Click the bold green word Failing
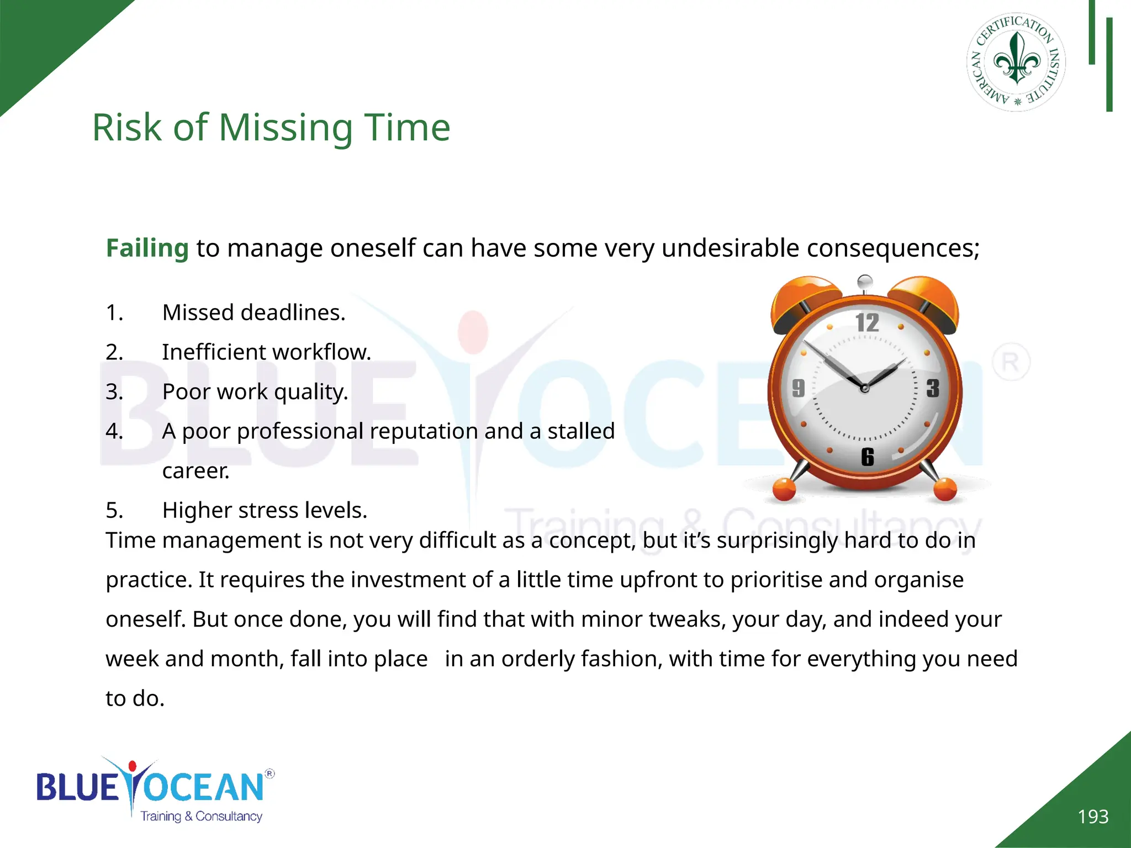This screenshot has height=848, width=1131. [x=147, y=248]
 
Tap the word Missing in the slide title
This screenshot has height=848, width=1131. [x=286, y=128]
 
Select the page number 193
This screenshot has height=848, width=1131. [x=1093, y=817]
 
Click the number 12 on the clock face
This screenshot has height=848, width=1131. [x=867, y=323]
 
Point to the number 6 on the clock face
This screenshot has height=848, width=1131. [x=868, y=457]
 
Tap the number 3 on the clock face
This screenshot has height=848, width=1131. [x=933, y=389]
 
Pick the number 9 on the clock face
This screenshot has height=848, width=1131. [x=799, y=388]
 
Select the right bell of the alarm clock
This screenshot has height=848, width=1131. [x=928, y=301]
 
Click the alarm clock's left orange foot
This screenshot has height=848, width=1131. [x=784, y=490]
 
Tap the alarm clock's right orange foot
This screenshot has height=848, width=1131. [x=945, y=490]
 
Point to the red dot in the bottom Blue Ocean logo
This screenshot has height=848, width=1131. [x=132, y=766]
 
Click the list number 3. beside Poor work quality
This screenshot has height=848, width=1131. [x=114, y=391]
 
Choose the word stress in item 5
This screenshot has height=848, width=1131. [x=262, y=510]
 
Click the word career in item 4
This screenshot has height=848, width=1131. [x=195, y=471]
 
